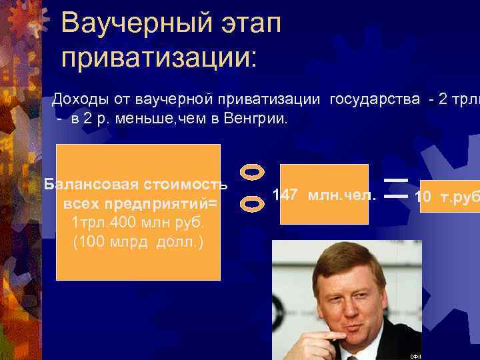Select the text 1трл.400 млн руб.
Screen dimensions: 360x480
(137, 221)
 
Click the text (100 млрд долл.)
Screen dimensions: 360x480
(138, 240)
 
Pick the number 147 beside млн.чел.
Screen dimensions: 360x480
(287, 195)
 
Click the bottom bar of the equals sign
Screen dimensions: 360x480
(396, 197)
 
